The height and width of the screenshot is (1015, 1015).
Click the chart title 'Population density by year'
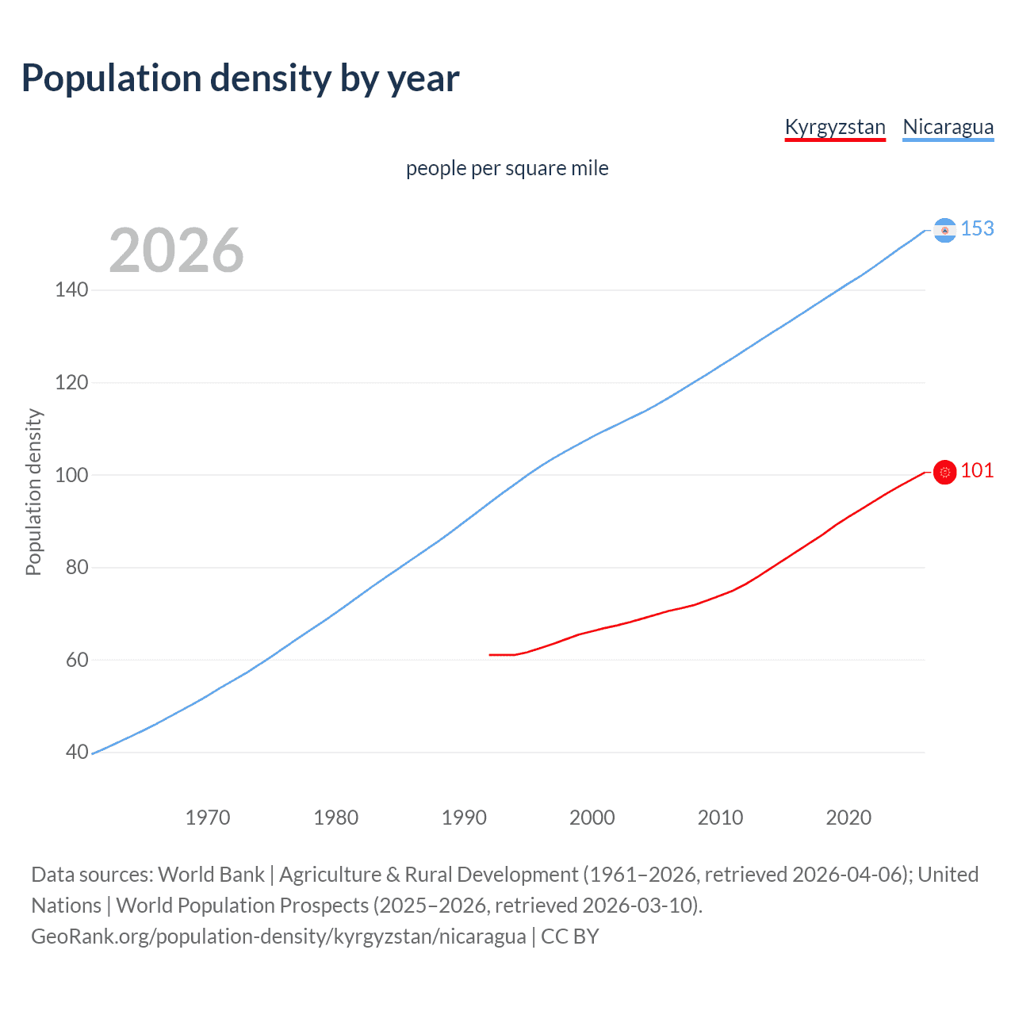coord(240,79)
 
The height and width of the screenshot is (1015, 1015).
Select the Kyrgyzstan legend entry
coord(834,127)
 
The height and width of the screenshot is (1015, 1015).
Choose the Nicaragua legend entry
coord(948,127)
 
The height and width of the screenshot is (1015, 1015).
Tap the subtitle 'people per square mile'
coord(507,168)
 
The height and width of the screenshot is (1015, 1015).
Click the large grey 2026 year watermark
coord(176,251)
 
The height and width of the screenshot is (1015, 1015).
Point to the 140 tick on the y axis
coord(71,290)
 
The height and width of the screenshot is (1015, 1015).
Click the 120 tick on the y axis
coord(71,383)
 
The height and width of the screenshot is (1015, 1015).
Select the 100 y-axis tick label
coord(71,475)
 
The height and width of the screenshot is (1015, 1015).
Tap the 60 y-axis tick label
coord(76,660)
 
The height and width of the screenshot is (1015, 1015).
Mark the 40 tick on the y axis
coord(76,753)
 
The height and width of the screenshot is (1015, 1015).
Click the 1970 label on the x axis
coord(208,818)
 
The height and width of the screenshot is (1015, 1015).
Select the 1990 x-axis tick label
coord(464,818)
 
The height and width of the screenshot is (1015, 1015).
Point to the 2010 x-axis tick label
coord(720,818)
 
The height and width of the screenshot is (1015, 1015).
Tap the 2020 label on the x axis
coord(848,818)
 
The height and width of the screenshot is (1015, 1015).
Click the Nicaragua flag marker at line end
coord(944,230)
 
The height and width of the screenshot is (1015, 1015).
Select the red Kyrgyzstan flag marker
coord(944,472)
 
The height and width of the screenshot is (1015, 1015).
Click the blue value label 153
coord(977,228)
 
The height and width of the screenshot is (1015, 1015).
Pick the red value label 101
coord(977,470)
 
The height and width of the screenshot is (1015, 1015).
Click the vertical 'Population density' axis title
coord(33,492)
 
